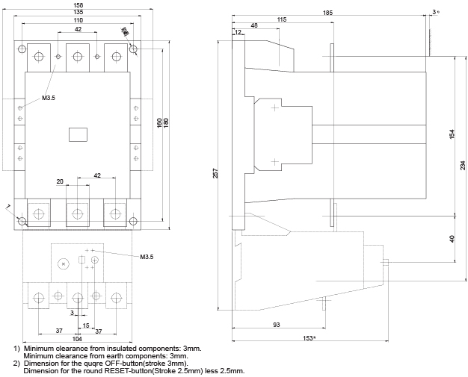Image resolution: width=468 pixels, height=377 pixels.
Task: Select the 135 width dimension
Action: pyautogui.click(x=78, y=13)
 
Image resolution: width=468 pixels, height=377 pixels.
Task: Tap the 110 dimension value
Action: pyautogui.click(x=78, y=20)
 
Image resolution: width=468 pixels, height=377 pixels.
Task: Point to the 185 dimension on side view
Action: pyautogui.click(x=328, y=13)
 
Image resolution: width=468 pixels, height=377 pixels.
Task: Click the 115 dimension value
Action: pyautogui.click(x=281, y=19)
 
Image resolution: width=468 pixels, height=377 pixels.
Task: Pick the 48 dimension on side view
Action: pyautogui.click(x=254, y=26)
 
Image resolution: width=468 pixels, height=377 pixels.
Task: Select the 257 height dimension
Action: pyautogui.click(x=216, y=172)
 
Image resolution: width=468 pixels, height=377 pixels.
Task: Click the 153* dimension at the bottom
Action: pyautogui.click(x=310, y=339)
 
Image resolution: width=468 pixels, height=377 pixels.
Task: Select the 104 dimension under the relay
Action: pyautogui.click(x=78, y=338)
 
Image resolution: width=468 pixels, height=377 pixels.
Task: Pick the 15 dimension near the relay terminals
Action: pyautogui.click(x=87, y=325)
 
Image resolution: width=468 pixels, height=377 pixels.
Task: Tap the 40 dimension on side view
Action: pyautogui.click(x=452, y=238)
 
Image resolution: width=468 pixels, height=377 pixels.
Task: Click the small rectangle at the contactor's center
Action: pyautogui.click(x=78, y=134)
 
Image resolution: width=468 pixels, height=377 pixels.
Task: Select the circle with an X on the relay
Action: pyautogui.click(x=63, y=264)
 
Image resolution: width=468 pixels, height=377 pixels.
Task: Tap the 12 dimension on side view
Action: pyautogui.click(x=237, y=33)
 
